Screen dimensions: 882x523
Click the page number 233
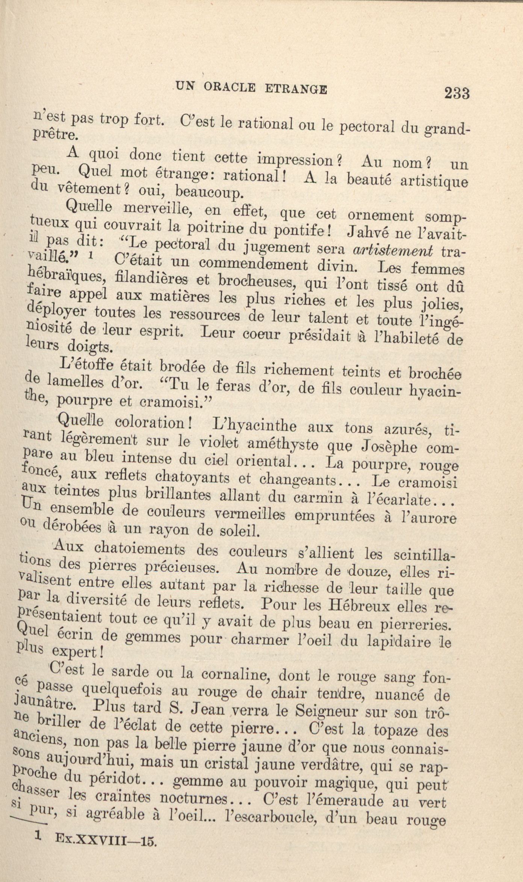click(x=456, y=92)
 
